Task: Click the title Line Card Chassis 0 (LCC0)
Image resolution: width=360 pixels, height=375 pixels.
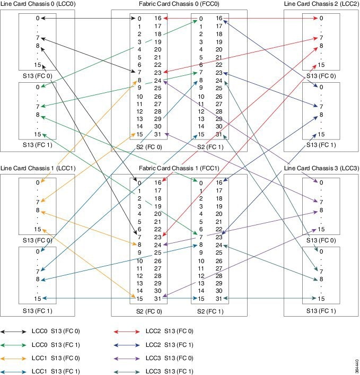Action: pos(38,4)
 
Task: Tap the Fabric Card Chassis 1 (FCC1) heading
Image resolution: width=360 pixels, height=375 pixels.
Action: pos(179,168)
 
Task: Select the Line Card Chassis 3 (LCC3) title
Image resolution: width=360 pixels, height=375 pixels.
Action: pos(321,168)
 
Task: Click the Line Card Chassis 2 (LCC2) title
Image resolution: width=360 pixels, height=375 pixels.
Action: pos(321,4)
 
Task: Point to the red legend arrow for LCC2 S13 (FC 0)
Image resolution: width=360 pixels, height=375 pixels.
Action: pos(127,332)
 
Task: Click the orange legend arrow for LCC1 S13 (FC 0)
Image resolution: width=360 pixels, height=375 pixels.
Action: pos(13,358)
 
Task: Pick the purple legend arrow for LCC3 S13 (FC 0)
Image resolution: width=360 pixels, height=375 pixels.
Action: pos(127,358)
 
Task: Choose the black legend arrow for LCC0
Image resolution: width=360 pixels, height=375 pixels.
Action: pos(13,332)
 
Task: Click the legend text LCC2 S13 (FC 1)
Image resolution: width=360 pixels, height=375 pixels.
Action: pos(170,345)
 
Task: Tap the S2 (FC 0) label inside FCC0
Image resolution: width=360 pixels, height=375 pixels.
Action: pos(149,147)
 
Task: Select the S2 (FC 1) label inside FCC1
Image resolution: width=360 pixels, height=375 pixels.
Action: pos(210,311)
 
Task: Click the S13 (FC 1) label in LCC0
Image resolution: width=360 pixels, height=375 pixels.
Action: pos(38,145)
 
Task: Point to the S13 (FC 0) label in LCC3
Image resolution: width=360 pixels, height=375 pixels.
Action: pos(321,240)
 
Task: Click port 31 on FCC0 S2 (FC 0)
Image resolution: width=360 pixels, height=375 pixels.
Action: pos(157,134)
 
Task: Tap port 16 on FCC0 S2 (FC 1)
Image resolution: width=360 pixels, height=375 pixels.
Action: pos(219,18)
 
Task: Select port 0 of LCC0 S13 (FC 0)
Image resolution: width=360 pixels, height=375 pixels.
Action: pos(38,18)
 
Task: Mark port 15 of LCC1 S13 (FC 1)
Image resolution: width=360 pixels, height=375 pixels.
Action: pos(38,299)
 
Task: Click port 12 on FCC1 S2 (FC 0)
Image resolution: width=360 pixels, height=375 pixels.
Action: pos(139,276)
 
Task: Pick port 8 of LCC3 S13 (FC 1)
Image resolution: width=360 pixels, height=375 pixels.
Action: pos(321,279)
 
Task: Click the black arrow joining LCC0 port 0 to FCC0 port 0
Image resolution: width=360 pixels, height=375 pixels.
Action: pos(89,18)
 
